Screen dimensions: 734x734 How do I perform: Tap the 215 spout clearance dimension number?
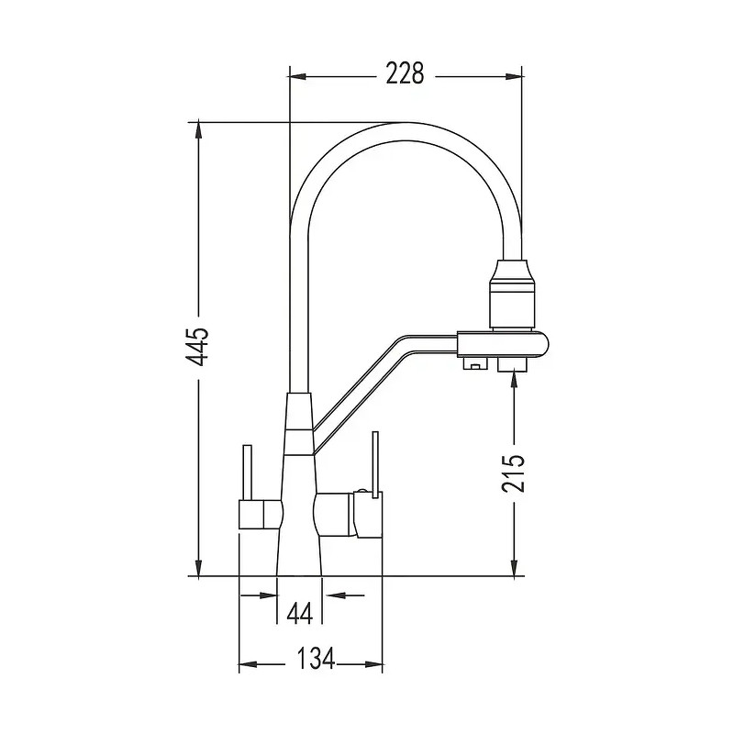(515, 473)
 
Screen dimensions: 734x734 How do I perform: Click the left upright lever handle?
(247, 472)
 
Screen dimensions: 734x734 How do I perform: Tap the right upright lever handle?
(373, 463)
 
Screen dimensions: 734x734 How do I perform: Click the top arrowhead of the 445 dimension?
(198, 129)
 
